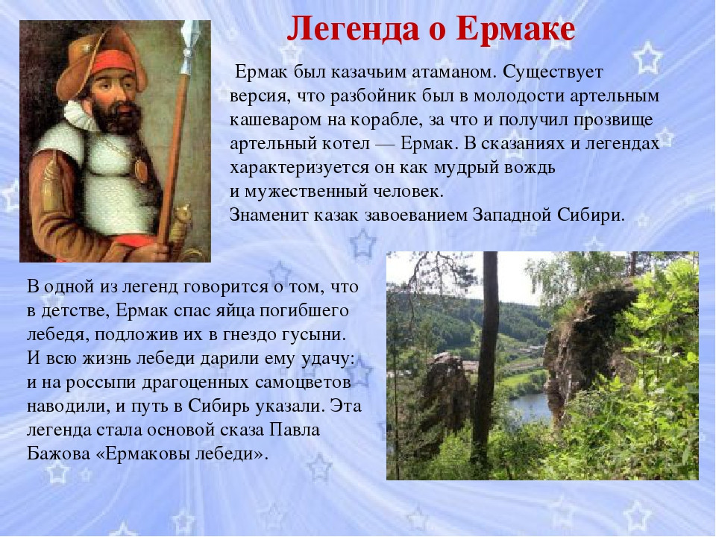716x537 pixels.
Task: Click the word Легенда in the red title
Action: [x=353, y=29]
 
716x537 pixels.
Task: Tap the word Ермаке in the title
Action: [x=515, y=28]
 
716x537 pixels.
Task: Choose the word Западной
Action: [x=511, y=215]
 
